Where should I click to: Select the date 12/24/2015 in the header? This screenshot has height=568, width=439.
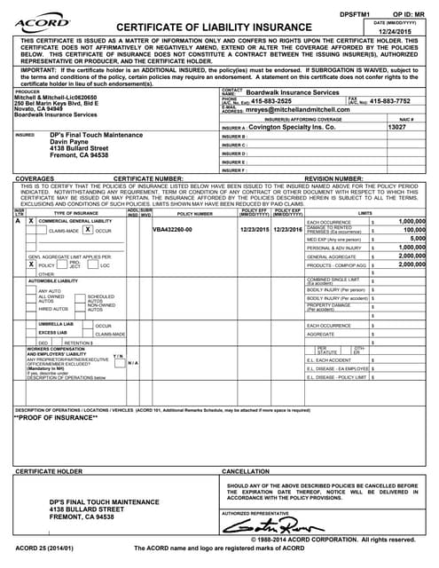pos(401,31)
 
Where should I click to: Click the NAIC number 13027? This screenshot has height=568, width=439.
pos(398,128)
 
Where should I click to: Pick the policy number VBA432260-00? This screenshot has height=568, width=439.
pos(171,229)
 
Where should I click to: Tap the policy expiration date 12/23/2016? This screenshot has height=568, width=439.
pos(288,229)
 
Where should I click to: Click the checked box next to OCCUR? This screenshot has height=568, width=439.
pos(87,229)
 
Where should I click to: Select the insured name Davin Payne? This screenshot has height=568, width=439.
pos(70,142)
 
